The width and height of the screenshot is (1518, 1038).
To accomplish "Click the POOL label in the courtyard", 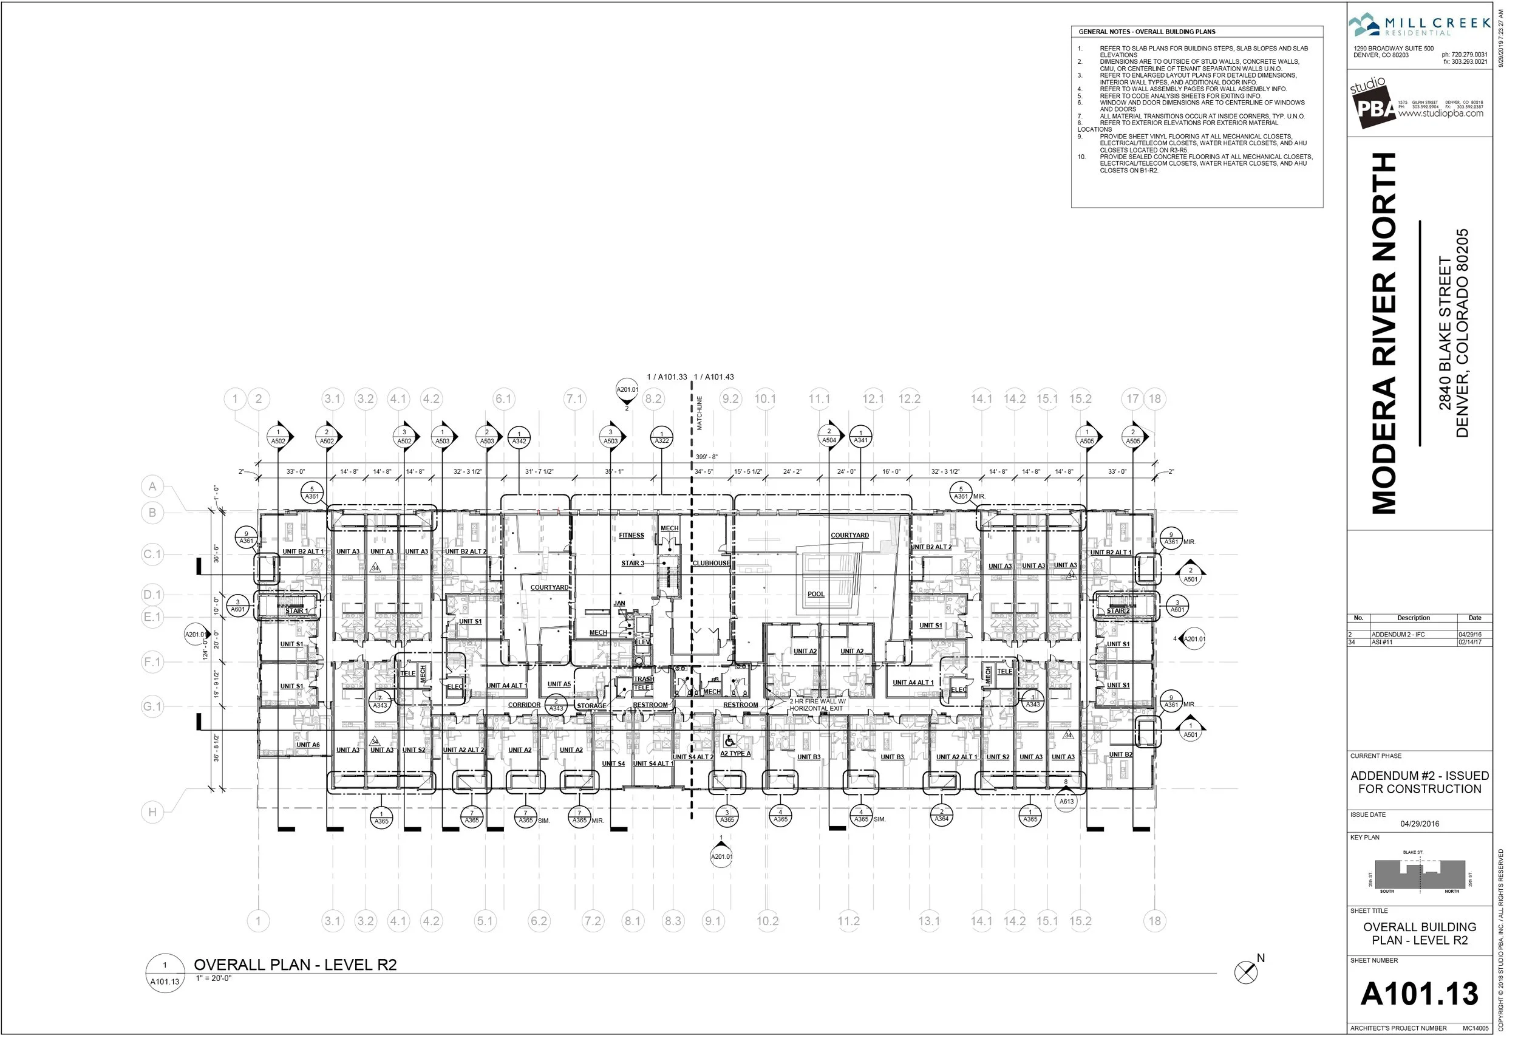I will click(816, 595).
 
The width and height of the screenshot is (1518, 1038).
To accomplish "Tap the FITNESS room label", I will click(631, 536).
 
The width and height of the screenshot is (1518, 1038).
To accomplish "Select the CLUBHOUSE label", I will click(710, 563).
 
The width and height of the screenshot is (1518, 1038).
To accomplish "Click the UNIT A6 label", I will click(308, 745).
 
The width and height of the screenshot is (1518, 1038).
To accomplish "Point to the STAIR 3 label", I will click(632, 563).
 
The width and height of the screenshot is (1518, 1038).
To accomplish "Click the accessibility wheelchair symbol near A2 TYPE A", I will click(730, 742).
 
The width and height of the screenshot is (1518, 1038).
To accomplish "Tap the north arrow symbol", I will click(1245, 972).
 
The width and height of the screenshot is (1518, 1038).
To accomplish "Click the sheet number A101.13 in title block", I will click(1418, 994).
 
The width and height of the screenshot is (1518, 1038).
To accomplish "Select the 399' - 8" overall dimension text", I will click(706, 457).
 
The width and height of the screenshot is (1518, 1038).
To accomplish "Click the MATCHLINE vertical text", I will click(699, 413).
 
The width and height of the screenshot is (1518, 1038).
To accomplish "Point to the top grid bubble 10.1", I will click(765, 398).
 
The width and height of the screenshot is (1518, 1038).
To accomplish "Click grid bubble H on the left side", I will click(152, 812).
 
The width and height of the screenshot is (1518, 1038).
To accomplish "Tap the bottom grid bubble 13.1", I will click(929, 921).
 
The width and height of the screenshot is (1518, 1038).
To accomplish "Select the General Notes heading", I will click(1146, 32).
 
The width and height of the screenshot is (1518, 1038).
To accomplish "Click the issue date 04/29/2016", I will click(1420, 824).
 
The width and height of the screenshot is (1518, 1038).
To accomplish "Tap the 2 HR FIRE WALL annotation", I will click(817, 705).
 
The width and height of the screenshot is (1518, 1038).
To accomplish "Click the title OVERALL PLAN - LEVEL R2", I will click(295, 965).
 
